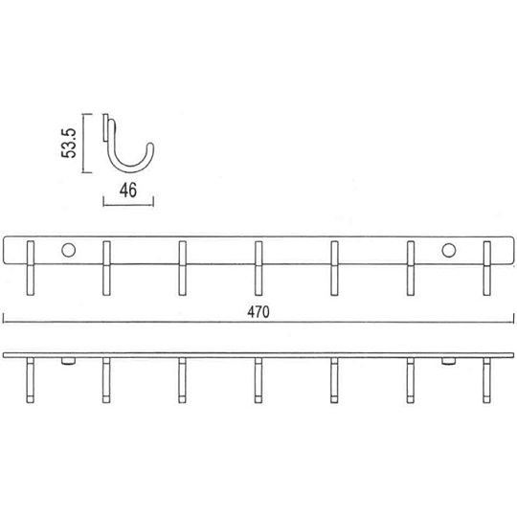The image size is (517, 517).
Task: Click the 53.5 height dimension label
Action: tap(69, 143)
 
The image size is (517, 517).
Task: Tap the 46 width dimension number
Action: tap(128, 190)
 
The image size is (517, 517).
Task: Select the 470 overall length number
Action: tap(258, 311)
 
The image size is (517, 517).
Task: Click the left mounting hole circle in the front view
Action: tap(68, 250)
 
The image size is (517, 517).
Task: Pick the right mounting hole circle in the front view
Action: tap(449, 250)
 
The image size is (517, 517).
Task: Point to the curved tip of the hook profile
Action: tap(150, 146)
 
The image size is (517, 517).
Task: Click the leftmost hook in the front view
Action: tap(31, 268)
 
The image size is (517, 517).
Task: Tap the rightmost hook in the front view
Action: tap(486, 268)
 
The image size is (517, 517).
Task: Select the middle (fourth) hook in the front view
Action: tap(258, 268)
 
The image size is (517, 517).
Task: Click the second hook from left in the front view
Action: tap(106, 268)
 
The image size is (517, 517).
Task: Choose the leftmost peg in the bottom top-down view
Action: tap(31, 380)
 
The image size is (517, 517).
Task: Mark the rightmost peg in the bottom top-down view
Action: tap(486, 380)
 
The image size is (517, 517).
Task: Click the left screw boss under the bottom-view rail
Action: tap(68, 361)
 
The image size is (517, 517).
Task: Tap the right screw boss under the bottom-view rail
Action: tap(449, 361)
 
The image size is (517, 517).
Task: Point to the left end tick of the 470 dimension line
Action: tap(3, 319)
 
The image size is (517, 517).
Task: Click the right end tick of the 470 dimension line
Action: tap(514, 319)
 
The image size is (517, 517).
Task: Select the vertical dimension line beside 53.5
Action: tap(83, 143)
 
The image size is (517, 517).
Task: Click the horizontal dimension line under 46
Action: tap(128, 205)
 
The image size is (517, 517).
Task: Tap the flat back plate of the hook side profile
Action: tap(105, 128)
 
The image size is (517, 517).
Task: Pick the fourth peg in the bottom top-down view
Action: tap(258, 380)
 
